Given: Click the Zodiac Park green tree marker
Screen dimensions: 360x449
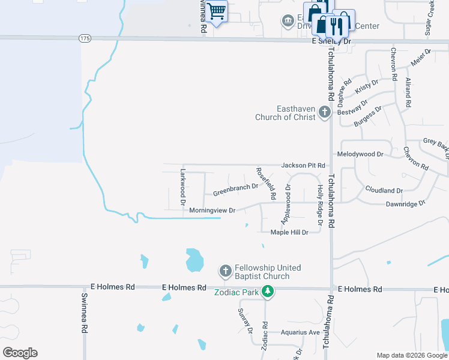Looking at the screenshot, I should point(268,292).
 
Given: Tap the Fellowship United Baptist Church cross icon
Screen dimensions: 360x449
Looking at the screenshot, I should point(226,271).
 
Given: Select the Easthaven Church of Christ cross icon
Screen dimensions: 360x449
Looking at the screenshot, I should point(325,112).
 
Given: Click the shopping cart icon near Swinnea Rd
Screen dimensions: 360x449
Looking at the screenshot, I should point(217,10).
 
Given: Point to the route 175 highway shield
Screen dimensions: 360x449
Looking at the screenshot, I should point(85,38).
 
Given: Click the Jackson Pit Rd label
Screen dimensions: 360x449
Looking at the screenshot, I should point(303,165).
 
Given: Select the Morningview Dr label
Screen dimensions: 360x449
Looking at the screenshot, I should point(212,211).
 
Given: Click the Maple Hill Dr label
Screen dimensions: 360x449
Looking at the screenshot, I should point(289,232).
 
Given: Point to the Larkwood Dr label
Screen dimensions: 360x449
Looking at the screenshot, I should point(184,187).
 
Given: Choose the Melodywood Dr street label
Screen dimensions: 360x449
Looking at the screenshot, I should point(360,154).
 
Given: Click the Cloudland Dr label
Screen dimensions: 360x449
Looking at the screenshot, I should point(384,190).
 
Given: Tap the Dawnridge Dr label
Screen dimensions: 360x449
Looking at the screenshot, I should point(405,203).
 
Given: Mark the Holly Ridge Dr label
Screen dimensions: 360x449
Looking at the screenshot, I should point(320,205).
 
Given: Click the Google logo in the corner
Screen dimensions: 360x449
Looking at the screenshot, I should point(20,353).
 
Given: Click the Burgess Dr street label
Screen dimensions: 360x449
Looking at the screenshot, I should point(367,116).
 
